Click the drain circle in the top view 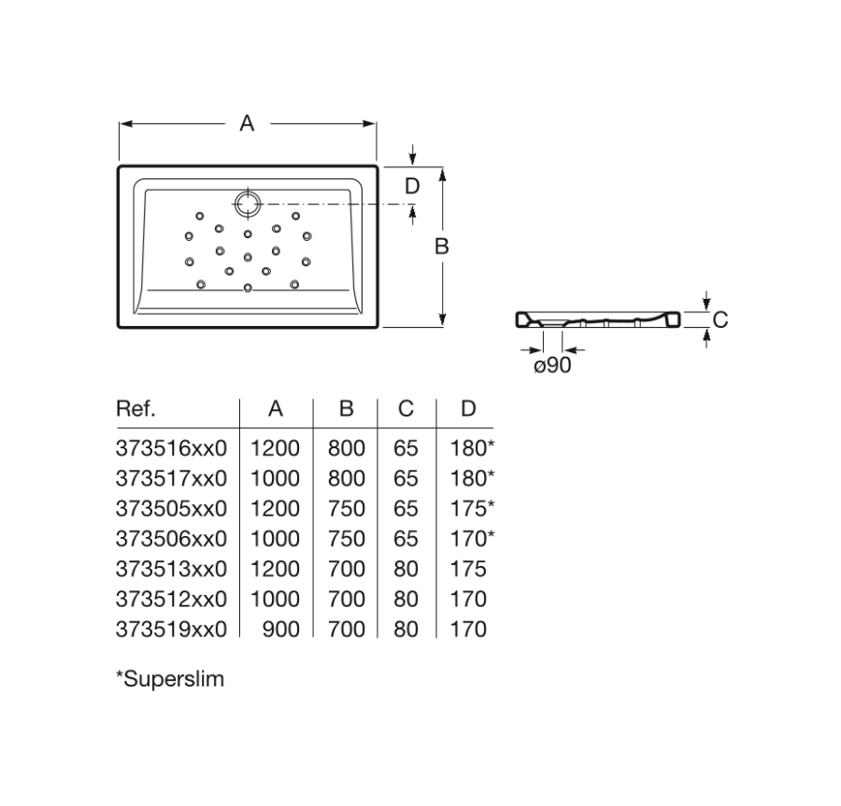point(249,203)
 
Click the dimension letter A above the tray point(247,122)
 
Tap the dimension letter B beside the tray point(442,246)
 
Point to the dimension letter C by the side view point(720,319)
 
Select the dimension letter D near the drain point(412,186)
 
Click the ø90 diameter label point(552,365)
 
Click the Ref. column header point(135,409)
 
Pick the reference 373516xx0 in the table point(171,448)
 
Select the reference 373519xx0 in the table point(171,629)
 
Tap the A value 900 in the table point(280,629)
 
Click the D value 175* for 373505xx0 point(473,509)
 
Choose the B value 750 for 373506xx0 point(346,539)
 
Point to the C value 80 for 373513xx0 point(406,569)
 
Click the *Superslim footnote point(169,679)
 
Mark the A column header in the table point(275,409)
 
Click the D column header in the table point(468,409)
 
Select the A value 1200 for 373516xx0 point(275,448)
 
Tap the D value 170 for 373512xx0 point(468,599)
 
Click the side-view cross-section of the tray point(598,320)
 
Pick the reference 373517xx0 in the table point(171,478)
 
